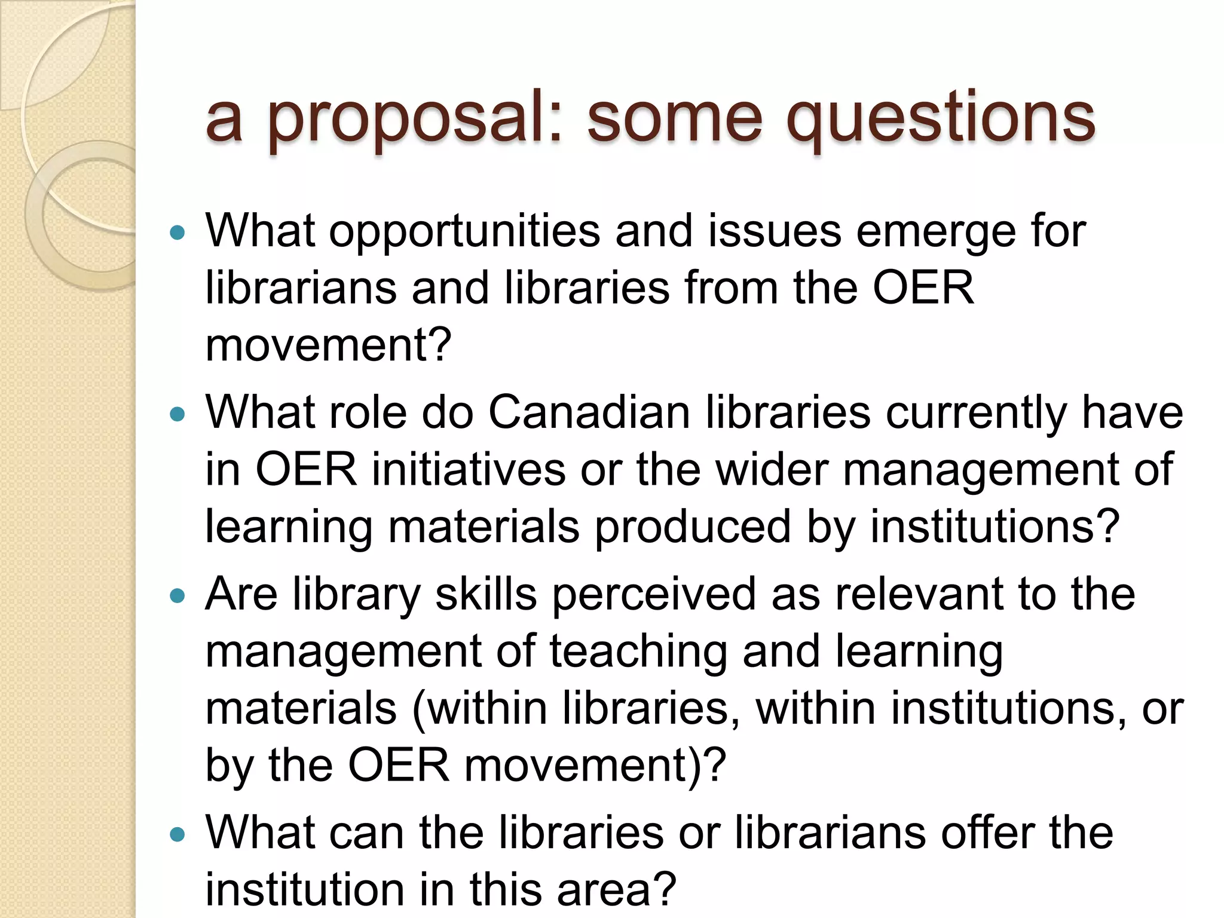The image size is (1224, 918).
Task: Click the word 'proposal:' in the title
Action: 415,120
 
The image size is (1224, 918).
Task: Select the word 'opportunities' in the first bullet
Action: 464,232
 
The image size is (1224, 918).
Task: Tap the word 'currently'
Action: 976,414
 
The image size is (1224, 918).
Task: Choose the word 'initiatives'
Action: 469,470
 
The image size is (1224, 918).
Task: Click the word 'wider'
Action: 772,470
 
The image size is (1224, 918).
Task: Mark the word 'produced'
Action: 693,527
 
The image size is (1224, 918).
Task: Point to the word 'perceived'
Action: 654,595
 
